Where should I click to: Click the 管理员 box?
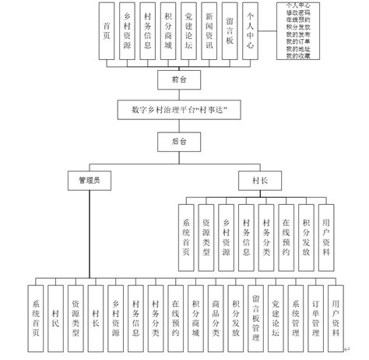click(90, 180)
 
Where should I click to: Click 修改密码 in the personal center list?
click(301, 14)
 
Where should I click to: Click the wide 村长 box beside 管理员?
click(265, 180)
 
